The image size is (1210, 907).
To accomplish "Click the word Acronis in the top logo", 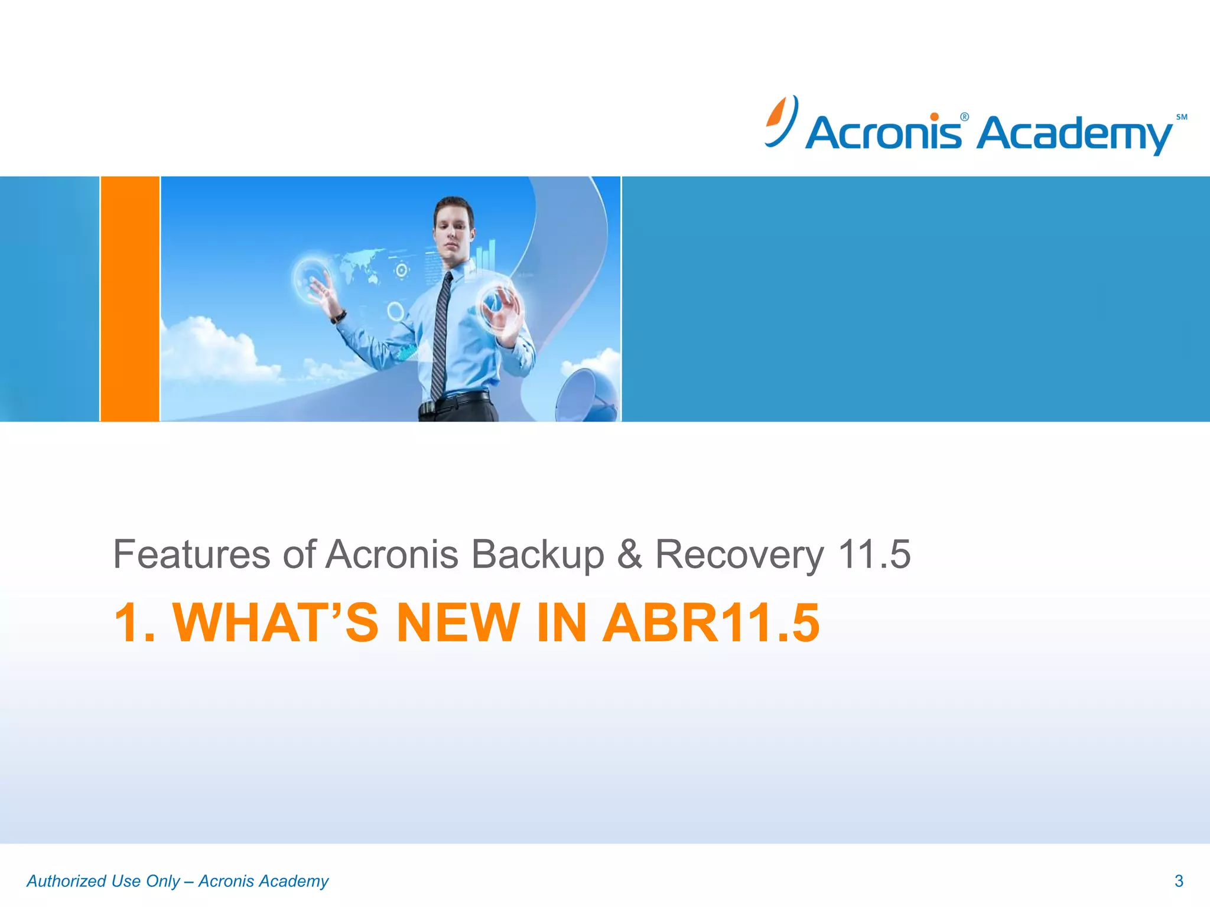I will (x=883, y=133).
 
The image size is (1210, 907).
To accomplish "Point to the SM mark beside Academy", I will (x=1181, y=117).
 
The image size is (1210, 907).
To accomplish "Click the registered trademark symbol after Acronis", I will (x=964, y=117).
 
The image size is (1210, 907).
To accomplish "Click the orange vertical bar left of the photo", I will (x=130, y=299).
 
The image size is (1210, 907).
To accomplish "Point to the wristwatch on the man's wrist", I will (x=339, y=317).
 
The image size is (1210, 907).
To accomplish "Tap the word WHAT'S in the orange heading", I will (x=275, y=622).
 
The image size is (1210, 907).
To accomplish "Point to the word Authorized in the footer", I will (x=66, y=881).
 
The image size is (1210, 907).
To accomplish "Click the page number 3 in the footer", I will (x=1179, y=881).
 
